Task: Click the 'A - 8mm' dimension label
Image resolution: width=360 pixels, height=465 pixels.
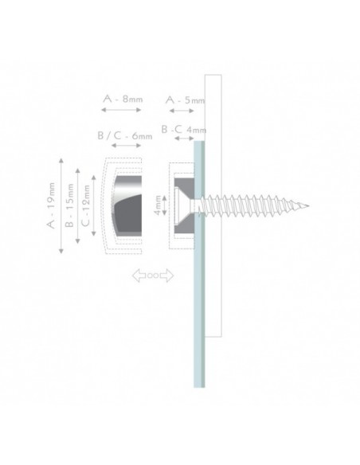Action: click(x=123, y=99)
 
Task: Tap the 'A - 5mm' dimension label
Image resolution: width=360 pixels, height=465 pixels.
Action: click(x=186, y=100)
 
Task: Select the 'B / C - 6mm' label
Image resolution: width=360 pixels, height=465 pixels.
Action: click(x=125, y=136)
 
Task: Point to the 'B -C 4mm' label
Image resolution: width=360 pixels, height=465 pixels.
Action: click(x=183, y=130)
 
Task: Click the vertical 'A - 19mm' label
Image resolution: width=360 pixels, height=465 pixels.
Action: click(x=51, y=205)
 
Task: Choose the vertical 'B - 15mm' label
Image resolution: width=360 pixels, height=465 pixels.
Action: click(x=69, y=205)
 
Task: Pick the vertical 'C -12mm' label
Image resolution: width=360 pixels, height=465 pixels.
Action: click(x=85, y=205)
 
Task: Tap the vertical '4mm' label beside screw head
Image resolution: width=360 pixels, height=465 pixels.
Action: click(x=158, y=205)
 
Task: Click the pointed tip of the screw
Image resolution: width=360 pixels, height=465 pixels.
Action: click(x=309, y=205)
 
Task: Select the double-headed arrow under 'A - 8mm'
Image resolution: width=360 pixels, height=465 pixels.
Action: click(x=121, y=110)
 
